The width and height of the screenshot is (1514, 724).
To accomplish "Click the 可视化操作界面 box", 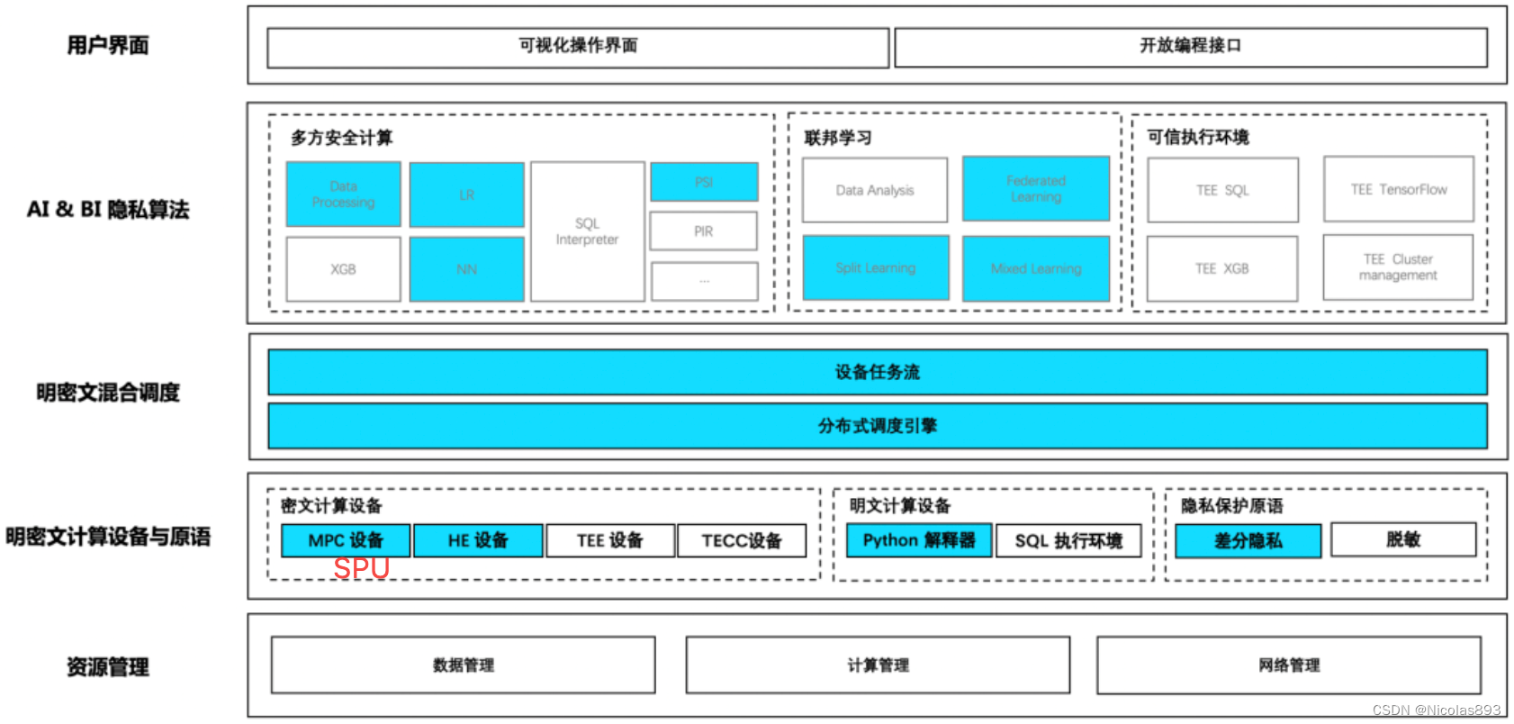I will (x=578, y=47).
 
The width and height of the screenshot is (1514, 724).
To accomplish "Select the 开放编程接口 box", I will (x=1190, y=47).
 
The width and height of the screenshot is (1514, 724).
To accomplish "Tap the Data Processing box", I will (x=343, y=195).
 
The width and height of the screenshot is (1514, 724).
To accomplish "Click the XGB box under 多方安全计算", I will (x=343, y=269).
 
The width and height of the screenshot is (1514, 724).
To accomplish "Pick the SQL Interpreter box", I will (x=587, y=231).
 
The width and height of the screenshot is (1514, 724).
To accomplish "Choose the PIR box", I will (x=703, y=231).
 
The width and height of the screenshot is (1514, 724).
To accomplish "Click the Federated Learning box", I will (x=1035, y=189).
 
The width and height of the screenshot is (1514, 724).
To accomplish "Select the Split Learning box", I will (x=875, y=268).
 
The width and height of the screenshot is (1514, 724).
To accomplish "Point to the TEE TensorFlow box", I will (x=1398, y=189).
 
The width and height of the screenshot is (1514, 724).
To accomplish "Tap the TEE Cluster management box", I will (x=1398, y=267).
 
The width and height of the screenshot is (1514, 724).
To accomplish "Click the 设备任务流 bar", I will (x=877, y=372).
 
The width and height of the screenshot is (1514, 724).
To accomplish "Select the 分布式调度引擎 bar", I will (x=877, y=426).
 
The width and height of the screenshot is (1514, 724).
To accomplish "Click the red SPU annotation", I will (x=361, y=569).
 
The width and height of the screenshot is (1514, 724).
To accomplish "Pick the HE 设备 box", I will (x=477, y=540).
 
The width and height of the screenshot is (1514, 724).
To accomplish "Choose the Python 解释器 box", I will (x=918, y=540).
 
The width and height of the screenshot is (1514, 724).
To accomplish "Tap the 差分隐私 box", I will (x=1248, y=540).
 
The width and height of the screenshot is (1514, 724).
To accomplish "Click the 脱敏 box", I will (x=1402, y=539).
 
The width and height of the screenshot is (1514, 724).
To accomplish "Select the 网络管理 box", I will (x=1288, y=665).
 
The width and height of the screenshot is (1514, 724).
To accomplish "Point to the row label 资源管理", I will (x=108, y=667).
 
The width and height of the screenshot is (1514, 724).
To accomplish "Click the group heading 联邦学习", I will (x=837, y=138).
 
